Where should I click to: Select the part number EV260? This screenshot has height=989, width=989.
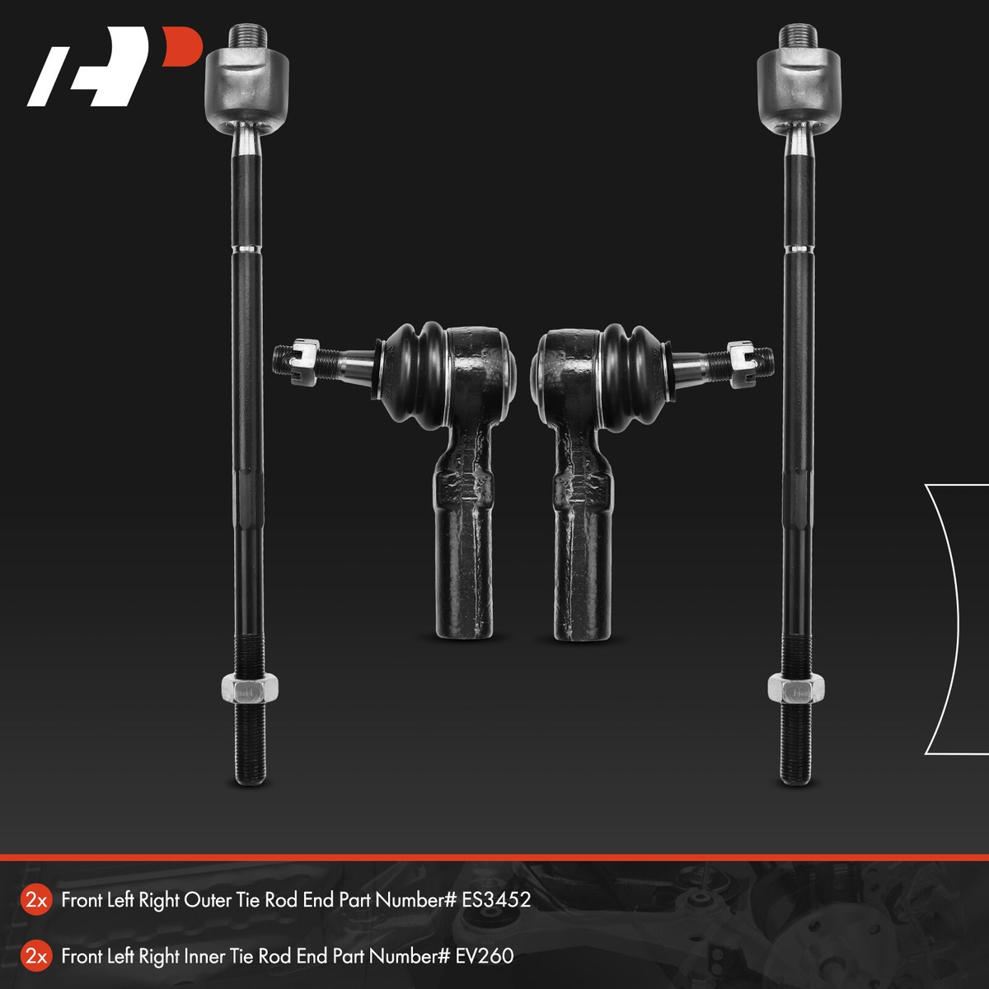coord(484,956)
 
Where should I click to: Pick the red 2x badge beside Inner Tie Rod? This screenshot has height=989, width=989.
coord(36,957)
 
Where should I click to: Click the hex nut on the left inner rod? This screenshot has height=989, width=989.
coord(250,688)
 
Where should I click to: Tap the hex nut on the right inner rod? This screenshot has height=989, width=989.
coord(796,687)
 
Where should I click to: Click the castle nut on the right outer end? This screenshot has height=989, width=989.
coord(742,364)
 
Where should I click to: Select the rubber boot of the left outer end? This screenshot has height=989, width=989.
coord(415,374)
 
